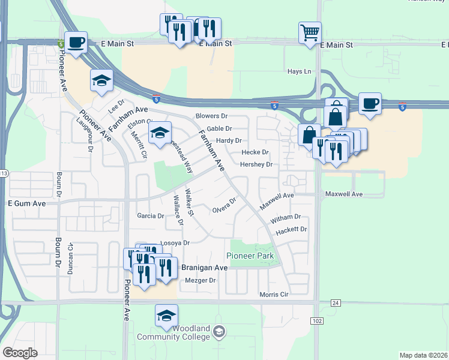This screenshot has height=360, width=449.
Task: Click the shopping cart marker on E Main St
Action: [310, 33]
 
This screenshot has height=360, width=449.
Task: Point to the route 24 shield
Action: [336, 303]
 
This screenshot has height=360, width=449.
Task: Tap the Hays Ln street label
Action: [300, 71]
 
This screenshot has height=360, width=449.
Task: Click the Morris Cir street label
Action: [274, 295]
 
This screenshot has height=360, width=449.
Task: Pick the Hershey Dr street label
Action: [256, 164]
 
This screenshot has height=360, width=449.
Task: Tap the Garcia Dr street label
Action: [150, 215]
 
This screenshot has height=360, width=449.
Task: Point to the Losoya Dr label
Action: [175, 243]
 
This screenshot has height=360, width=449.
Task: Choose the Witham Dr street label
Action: [286, 217]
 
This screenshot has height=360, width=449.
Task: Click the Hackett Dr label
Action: [291, 230]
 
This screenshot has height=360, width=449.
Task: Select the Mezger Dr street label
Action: [200, 280]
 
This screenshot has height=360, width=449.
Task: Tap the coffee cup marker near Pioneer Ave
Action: [76, 43]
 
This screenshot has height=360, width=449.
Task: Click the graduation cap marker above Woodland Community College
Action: [166, 316]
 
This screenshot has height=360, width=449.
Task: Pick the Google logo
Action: [20, 353]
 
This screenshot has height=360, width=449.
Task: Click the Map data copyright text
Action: [423, 355]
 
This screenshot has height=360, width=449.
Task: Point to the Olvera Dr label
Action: [225, 209]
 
